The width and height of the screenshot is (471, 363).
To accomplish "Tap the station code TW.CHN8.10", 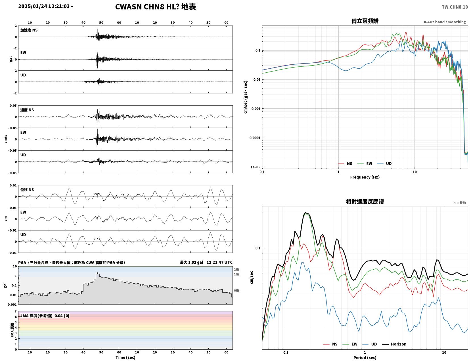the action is click(x=455, y=7).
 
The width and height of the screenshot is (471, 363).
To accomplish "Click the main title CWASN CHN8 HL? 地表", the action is click(x=155, y=7).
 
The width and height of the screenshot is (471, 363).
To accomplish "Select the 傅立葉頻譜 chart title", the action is click(x=365, y=21).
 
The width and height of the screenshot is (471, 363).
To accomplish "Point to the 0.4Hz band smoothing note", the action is click(x=445, y=22).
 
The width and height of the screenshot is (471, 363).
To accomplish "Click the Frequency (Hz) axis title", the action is click(x=365, y=177).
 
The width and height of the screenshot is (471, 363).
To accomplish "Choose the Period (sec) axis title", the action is click(x=365, y=357).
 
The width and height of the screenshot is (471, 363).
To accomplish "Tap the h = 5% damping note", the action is click(x=460, y=203).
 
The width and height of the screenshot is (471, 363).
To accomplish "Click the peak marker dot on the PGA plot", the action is click(x=97, y=273).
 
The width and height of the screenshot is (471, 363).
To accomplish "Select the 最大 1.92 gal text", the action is click(x=191, y=262).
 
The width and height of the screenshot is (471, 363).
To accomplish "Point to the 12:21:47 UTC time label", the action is click(x=219, y=262).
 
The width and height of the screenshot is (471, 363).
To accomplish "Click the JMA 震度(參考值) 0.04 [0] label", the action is click(x=45, y=316).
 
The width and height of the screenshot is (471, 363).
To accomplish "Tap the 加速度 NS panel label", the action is click(x=29, y=30).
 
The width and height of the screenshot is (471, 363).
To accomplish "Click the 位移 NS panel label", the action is click(x=27, y=190).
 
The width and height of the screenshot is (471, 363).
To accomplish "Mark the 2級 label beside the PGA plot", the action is click(x=236, y=269).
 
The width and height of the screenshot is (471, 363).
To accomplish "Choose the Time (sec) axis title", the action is click(x=125, y=357).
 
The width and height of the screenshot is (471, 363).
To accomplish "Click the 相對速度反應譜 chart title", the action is click(x=365, y=202).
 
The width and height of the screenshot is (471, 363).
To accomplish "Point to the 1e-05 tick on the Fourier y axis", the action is click(x=255, y=167).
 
